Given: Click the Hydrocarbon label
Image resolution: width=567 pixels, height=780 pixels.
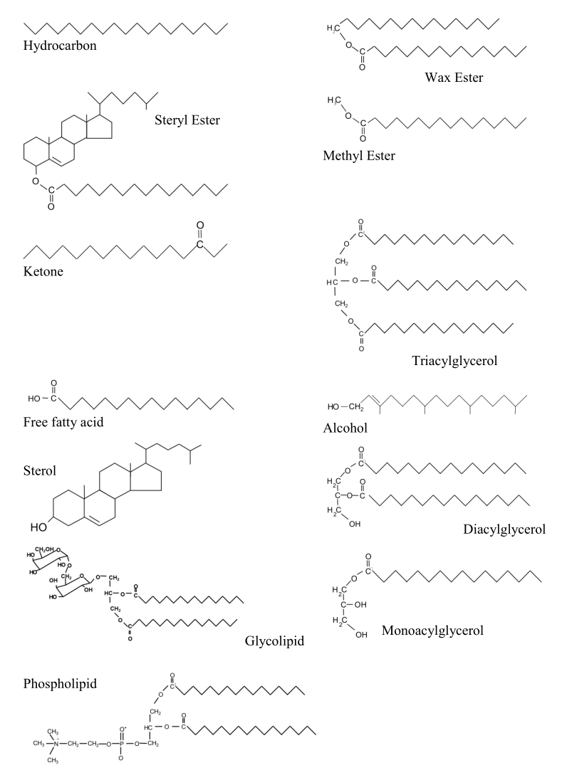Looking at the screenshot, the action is [x=60, y=46].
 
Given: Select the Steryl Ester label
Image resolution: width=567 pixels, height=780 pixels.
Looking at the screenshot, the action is [x=187, y=120].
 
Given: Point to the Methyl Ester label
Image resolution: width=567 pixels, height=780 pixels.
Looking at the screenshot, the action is [x=359, y=155].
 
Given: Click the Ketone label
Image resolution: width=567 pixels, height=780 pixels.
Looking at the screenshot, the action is [x=43, y=270].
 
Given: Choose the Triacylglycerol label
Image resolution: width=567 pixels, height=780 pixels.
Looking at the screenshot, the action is [x=454, y=361].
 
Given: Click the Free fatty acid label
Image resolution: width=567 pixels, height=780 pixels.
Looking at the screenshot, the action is [x=63, y=422].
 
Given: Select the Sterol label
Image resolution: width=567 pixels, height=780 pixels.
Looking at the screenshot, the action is [x=40, y=470].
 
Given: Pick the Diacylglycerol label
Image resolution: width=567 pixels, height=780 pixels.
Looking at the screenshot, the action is [x=504, y=529].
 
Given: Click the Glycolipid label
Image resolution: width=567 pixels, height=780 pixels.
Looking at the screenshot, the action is [x=274, y=641].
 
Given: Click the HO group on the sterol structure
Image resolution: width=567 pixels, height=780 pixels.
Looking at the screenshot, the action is [x=39, y=527].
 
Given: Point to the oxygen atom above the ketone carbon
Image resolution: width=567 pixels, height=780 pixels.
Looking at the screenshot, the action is [x=200, y=226].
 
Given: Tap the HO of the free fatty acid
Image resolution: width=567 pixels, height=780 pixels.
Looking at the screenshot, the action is [x=36, y=399].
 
